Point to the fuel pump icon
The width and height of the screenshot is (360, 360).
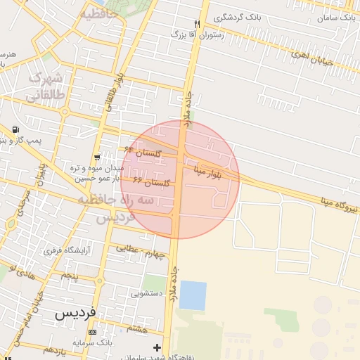pos(15,131)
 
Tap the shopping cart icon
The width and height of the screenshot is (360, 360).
pos(96,157)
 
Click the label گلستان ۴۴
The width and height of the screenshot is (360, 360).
pos(143,150)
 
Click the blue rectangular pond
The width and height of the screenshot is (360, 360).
pos(193,295)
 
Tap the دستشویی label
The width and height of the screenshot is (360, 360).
pos(147,290)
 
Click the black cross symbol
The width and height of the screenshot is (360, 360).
pos(156,347)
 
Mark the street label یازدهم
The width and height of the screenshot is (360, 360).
pos(53,349)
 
